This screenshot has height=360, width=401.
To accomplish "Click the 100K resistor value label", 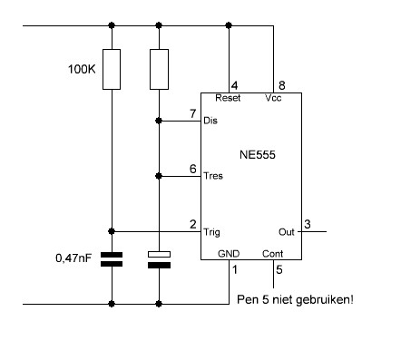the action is [x=82, y=69].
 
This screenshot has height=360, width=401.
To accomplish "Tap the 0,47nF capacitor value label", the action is [x=73, y=258].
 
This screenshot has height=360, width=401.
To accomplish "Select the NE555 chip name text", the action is [x=258, y=155].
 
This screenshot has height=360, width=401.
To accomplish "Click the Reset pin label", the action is [x=228, y=98].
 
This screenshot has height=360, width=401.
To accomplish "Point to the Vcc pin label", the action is [x=273, y=98].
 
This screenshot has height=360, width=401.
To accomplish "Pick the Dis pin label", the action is [x=210, y=121].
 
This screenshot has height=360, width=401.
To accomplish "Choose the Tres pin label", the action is [x=213, y=176].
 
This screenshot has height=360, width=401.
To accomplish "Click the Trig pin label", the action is [x=211, y=232].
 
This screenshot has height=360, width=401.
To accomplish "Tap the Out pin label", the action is [x=287, y=232].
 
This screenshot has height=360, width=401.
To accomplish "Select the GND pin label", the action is [x=229, y=254].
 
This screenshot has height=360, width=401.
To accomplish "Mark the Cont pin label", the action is [x=273, y=254].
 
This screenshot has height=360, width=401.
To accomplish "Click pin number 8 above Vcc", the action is [x=282, y=85].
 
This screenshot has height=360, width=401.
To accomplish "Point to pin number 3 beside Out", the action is [x=308, y=224].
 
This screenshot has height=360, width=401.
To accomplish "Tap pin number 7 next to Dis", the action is [x=193, y=113].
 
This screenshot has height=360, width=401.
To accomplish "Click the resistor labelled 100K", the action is [x=112, y=69].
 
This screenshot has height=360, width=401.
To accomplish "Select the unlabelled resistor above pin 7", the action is [x=159, y=69].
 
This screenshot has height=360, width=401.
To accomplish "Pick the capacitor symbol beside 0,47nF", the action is [x=112, y=259].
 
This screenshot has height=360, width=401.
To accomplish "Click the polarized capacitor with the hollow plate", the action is [x=159, y=260].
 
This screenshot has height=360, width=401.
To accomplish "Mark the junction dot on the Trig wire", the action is [x=112, y=231].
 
